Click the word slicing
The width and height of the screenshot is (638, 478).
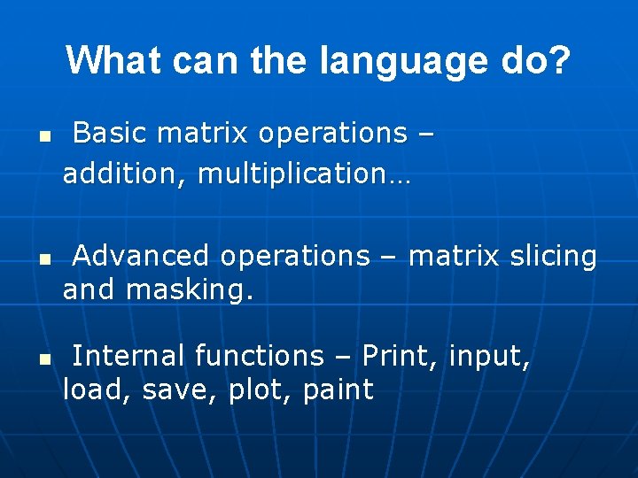pos(554,256)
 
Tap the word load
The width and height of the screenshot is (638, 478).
pos(90,389)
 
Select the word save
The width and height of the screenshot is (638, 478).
pos(172,389)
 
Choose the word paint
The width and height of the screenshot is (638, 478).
pos(338,389)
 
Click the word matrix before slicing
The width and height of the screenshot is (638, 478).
pos(455,256)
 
